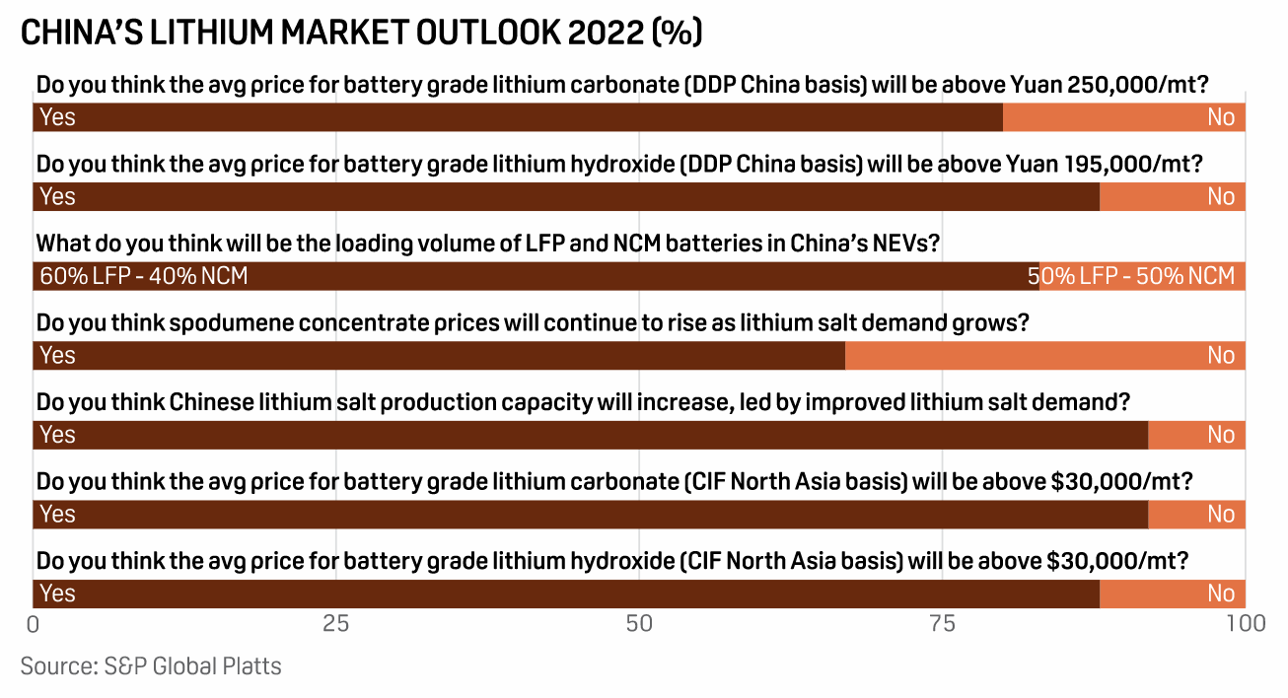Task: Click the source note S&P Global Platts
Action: click(x=151, y=666)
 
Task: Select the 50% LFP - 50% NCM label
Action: click(x=1132, y=276)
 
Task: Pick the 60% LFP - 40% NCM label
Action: click(x=144, y=276)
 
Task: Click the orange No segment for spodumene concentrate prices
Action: click(x=1045, y=355)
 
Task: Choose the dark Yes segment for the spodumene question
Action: click(x=439, y=355)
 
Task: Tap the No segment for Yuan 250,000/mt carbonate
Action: click(x=1124, y=117)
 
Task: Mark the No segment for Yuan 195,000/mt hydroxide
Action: click(x=1173, y=197)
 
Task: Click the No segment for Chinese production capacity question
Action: click(x=1196, y=435)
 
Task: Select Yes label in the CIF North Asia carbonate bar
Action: click(x=57, y=515)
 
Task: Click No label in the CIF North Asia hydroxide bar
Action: click(x=1221, y=593)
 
